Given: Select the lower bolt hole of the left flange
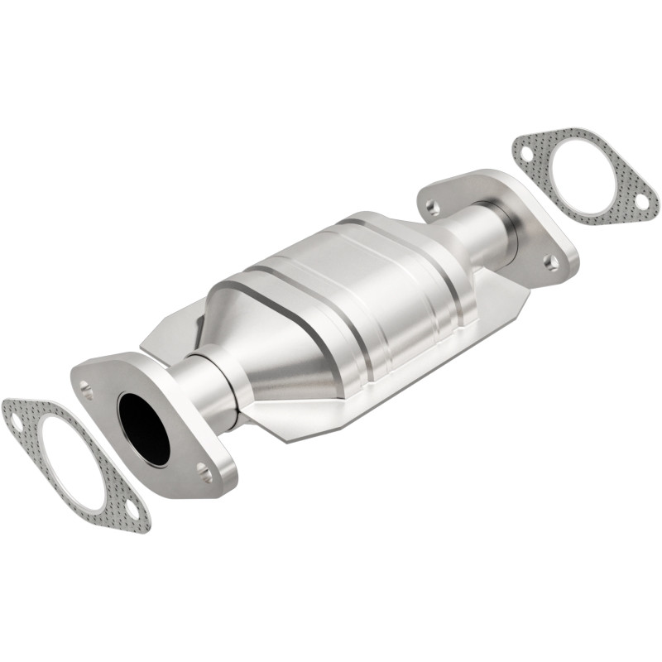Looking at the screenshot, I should (204, 474).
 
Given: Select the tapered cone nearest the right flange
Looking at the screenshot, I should (439, 248).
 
